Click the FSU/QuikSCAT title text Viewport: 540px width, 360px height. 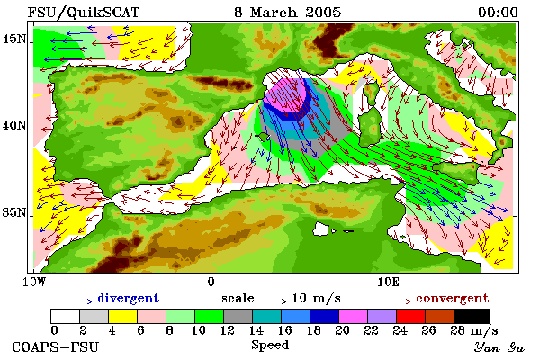click(x=84, y=13)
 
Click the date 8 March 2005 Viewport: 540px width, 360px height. click(x=288, y=13)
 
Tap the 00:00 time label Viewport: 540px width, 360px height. click(x=498, y=13)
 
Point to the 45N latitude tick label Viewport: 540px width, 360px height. click(x=14, y=40)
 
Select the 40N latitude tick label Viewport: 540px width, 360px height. click(x=14, y=125)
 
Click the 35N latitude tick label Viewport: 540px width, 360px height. click(x=14, y=212)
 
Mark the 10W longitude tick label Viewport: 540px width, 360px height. click(x=34, y=282)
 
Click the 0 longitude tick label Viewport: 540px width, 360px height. click(x=211, y=282)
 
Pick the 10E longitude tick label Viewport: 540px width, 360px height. click(x=388, y=282)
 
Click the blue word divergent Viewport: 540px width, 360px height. click(x=129, y=298)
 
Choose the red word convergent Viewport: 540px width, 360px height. click(x=453, y=298)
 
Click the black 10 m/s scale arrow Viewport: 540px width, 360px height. click(x=273, y=301)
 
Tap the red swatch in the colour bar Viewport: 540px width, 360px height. click(x=410, y=316)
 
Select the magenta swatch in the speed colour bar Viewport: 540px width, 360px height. click(x=353, y=316)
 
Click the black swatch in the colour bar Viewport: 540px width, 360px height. click(x=472, y=316)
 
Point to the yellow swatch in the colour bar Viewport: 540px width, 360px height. click(x=122, y=316)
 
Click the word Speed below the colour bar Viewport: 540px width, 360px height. click(x=270, y=346)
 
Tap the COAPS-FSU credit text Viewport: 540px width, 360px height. click(x=55, y=346)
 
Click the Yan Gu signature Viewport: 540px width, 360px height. click(x=499, y=347)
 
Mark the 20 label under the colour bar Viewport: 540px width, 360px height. click(x=342, y=330)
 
